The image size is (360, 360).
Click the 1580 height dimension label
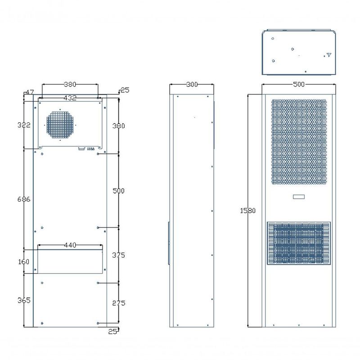247,211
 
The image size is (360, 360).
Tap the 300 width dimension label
192,85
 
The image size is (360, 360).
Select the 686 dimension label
24,199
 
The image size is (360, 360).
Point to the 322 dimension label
24,125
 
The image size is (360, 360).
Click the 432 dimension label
70,98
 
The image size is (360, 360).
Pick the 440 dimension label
70,245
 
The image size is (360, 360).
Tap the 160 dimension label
24,262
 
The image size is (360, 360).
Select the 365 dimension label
24,300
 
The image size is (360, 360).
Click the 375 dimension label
118,255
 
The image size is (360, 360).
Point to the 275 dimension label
118,303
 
